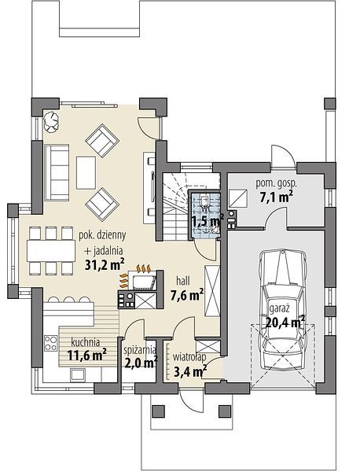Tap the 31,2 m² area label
[x=105, y=264]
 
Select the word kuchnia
[x=86, y=342]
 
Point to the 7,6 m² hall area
[x=187, y=295]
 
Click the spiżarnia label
[x=140, y=350]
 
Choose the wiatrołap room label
[x=189, y=357]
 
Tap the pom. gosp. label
[x=276, y=183]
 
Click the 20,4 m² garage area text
[x=285, y=323]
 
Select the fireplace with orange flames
[x=140, y=278]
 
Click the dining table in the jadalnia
[x=51, y=250]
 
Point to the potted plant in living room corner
[x=50, y=120]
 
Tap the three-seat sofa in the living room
[x=57, y=172]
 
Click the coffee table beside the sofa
[x=86, y=172]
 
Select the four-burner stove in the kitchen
[x=50, y=343]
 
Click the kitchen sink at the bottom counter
[x=78, y=374]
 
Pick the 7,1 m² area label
[x=276, y=197]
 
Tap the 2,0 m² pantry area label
[x=141, y=362]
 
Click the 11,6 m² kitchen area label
[x=87, y=356]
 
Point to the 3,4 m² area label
[x=190, y=371]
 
